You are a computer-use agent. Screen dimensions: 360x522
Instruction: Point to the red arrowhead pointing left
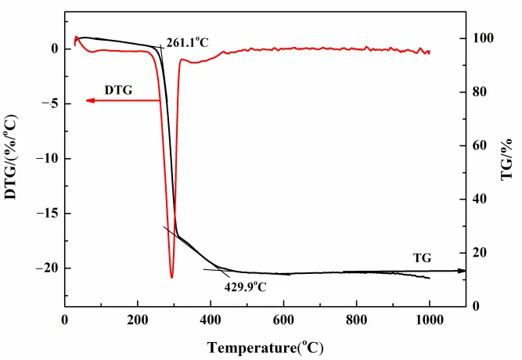point(90,100)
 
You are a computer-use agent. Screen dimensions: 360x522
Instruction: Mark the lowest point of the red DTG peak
point(171,277)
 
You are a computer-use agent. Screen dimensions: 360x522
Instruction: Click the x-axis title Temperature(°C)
point(265,346)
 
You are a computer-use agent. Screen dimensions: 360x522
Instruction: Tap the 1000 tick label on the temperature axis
point(429,319)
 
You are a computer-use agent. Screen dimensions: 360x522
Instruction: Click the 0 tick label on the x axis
point(66,319)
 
